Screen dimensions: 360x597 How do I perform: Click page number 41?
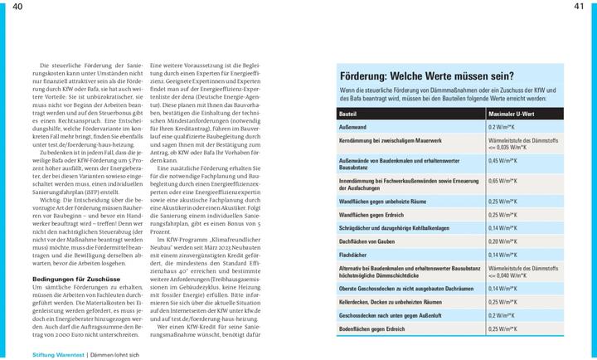[x=579, y=7]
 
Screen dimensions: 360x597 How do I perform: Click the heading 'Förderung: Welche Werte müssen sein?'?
[x=426, y=75]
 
